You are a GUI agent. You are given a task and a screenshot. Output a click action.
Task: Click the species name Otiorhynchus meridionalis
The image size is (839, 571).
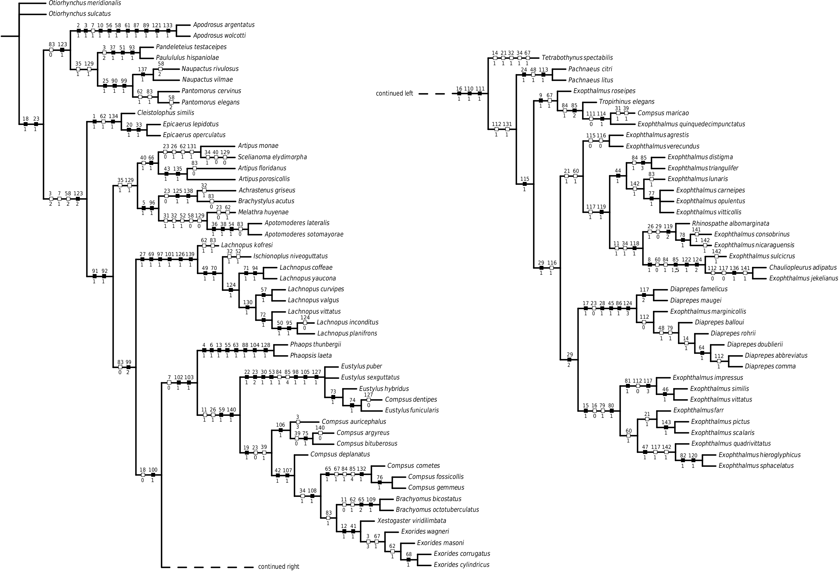point(85,3)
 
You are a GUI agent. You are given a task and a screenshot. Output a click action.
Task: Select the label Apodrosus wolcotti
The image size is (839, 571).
point(219,36)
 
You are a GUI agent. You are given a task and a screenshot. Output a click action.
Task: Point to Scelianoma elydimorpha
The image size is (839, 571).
point(272,157)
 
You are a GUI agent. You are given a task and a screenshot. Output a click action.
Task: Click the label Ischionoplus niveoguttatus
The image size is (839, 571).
point(290,256)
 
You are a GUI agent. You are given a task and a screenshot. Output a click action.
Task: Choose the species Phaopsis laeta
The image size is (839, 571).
point(310,355)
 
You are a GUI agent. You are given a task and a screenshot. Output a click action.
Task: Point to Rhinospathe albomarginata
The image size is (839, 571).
point(730,223)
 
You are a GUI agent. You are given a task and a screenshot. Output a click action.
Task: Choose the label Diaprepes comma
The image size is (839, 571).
point(770,366)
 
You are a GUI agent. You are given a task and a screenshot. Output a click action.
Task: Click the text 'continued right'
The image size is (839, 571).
point(278,567)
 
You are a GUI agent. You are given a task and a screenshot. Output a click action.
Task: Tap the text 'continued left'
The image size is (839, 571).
point(394,94)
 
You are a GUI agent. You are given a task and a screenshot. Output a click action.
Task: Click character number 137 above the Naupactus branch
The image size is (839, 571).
point(143,69)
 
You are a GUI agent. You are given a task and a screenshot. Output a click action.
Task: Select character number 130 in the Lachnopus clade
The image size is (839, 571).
point(248,303)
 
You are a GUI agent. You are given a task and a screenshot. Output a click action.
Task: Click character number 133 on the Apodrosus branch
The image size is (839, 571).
point(167,25)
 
